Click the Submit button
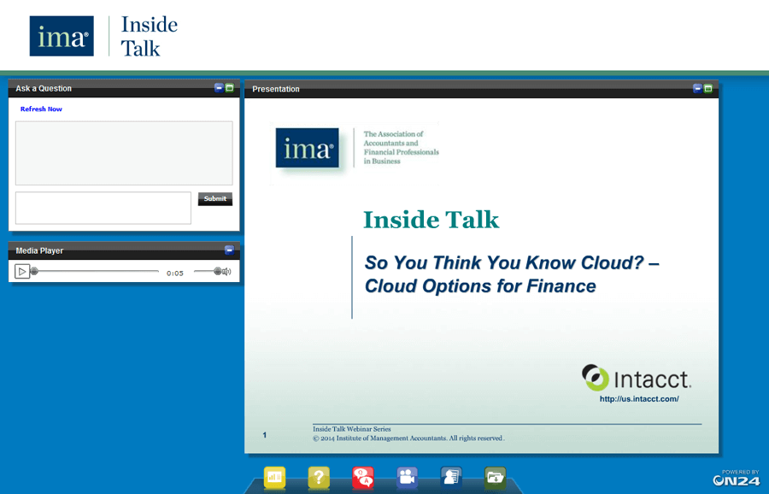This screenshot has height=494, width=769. tap(214, 199)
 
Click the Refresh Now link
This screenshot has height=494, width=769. tap(41, 109)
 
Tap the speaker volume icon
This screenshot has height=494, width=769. tap(223, 272)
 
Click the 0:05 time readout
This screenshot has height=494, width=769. tap(175, 273)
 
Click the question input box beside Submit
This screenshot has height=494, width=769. tap(103, 208)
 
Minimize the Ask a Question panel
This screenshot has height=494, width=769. tap(219, 88)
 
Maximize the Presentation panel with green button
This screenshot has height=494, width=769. tap(707, 88)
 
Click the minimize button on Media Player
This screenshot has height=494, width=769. tap(229, 250)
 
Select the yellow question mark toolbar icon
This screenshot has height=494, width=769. tap(319, 478)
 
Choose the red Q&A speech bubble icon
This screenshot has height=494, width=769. tap(363, 478)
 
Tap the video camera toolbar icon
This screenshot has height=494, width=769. tap(408, 478)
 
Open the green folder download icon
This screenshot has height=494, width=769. tap(496, 478)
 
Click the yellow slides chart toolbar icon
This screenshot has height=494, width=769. tap(274, 478)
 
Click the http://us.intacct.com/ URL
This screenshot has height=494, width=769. tap(639, 399)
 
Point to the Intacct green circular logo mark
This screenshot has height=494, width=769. tap(595, 377)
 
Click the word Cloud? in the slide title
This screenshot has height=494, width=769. tap(608, 263)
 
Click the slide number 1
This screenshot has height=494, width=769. tap(265, 436)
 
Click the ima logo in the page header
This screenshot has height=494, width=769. tap(62, 36)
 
